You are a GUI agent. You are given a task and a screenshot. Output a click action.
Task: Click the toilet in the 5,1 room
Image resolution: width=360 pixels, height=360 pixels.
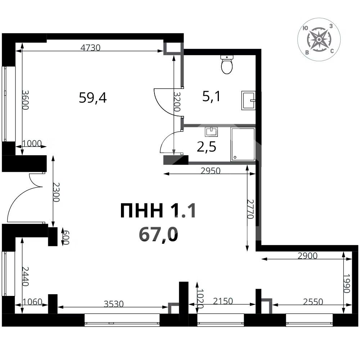[227, 64]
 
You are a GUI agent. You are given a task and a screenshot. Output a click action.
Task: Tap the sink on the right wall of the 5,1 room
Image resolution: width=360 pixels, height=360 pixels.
[248, 100]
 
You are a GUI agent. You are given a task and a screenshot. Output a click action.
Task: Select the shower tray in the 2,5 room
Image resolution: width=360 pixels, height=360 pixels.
[243, 144]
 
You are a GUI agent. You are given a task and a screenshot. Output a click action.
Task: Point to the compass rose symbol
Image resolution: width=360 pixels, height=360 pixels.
[319, 40]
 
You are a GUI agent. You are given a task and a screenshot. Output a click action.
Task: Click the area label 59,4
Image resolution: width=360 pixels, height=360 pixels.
[93, 98]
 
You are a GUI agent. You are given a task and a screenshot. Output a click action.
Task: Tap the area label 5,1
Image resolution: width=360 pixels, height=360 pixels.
[211, 96]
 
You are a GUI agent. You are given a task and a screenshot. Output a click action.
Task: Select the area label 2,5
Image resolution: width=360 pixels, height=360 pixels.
[206, 147]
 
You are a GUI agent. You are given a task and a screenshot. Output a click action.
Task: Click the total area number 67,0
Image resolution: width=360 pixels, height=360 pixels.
[158, 235]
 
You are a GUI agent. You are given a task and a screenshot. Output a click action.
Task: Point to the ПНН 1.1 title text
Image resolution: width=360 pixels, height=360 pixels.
[158, 211]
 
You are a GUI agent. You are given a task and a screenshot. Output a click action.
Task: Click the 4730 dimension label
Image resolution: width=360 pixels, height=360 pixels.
[90, 48]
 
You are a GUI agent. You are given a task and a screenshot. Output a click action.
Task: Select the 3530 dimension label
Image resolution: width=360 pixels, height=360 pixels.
[114, 304]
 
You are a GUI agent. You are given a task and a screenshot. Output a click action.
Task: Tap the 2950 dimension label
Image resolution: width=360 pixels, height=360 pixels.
[210, 171]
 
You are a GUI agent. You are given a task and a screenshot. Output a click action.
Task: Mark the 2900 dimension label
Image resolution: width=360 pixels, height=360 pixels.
[307, 256]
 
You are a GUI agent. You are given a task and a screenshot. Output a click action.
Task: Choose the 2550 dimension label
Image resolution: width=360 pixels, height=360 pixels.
[313, 301]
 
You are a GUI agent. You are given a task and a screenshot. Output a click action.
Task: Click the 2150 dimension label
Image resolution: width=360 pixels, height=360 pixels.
[223, 301]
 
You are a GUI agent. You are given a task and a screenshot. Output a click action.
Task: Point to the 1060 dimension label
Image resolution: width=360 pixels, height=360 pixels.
[33, 301]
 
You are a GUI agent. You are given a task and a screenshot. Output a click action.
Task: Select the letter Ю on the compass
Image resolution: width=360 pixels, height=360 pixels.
[305, 28]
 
